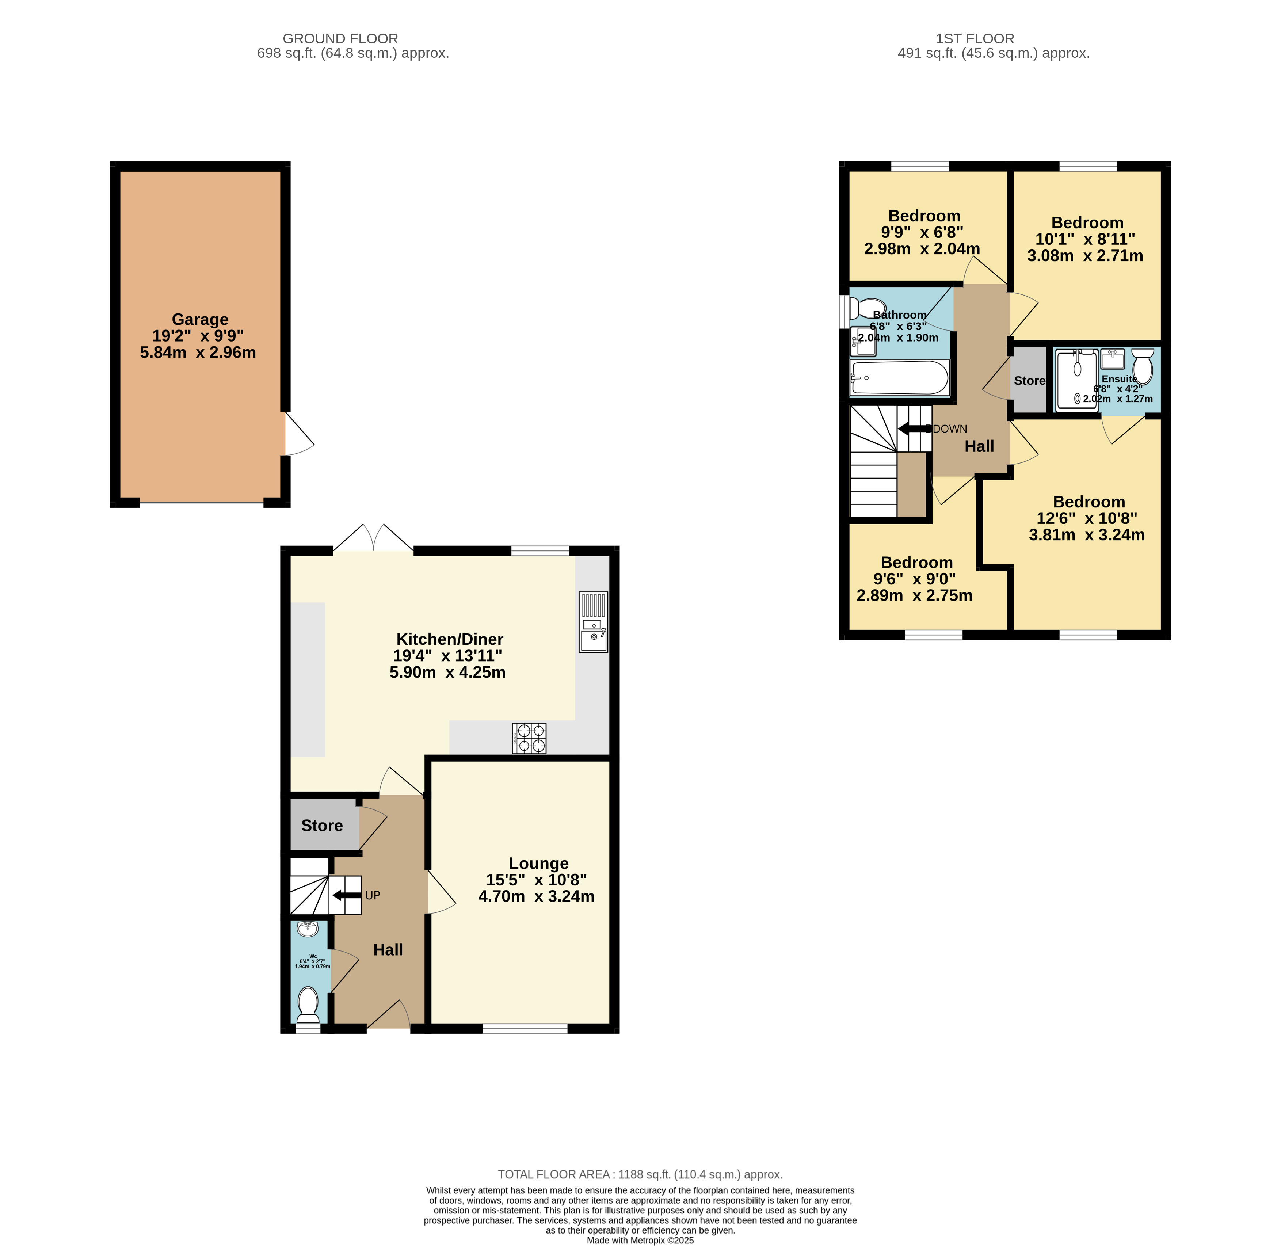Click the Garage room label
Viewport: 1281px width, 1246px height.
click(x=200, y=319)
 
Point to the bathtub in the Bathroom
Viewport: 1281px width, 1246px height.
click(x=900, y=378)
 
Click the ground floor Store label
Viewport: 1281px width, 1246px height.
click(x=322, y=826)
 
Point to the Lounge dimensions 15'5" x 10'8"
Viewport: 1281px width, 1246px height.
click(x=537, y=880)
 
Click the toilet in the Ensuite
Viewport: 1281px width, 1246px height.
click(x=1142, y=366)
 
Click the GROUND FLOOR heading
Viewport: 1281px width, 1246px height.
click(x=340, y=39)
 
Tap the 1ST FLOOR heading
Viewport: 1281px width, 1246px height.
click(x=975, y=39)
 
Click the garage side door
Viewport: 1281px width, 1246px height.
click(x=299, y=433)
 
